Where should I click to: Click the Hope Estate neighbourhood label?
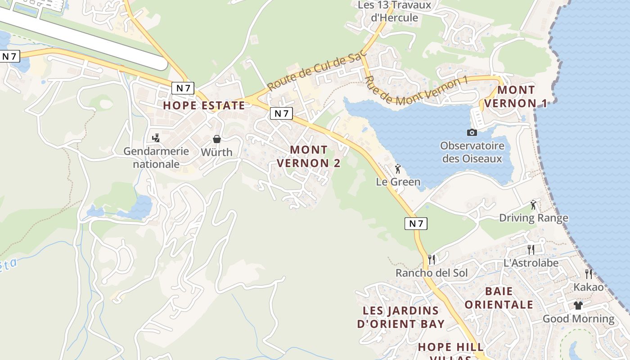click(204, 106)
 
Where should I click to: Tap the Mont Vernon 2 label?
click(309, 156)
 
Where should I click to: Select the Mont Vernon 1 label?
click(516, 97)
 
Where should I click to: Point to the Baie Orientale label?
click(499, 298)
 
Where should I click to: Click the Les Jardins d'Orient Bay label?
click(400, 317)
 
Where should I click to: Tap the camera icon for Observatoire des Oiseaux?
click(472, 132)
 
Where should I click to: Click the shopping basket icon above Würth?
click(217, 139)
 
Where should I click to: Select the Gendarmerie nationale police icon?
click(156, 138)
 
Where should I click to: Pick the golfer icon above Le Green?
click(398, 169)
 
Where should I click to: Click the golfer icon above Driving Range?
click(533, 205)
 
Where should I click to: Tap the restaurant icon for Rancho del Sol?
click(432, 260)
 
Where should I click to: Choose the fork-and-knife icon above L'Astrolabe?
click(531, 250)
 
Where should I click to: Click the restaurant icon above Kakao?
click(588, 274)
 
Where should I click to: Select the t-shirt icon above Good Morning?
click(578, 306)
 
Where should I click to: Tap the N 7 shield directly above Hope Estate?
click(183, 88)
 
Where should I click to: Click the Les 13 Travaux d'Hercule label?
click(394, 11)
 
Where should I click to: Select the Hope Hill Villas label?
click(451, 351)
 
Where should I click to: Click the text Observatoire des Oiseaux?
click(472, 152)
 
